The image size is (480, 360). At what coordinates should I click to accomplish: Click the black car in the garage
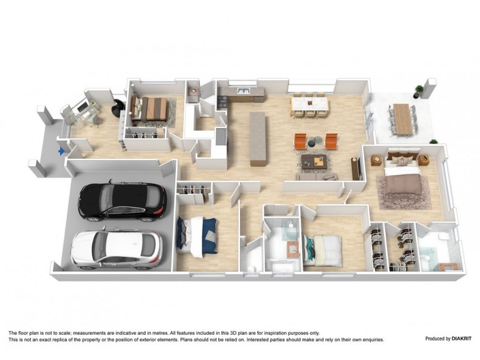[x=123, y=201]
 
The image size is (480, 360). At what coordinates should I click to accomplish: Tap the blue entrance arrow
[x=60, y=152]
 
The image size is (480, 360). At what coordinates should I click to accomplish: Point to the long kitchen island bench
[x=258, y=138]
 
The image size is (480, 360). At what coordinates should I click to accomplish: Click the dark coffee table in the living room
[x=313, y=160]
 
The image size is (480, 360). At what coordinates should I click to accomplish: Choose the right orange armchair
[x=331, y=141]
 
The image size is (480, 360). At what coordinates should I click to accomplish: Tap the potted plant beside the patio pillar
[x=418, y=90]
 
